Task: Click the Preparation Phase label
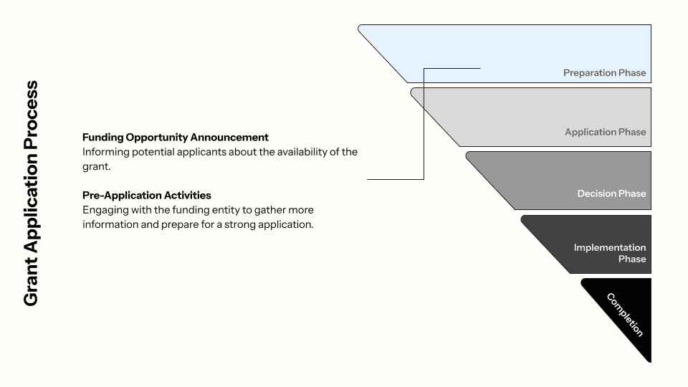coord(604,72)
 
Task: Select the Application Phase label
coord(605,132)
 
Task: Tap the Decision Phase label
coord(611,193)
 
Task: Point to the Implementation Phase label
coord(610,253)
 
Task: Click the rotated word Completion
coord(625,315)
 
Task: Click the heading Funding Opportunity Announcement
coord(176,137)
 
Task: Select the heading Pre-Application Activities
coord(147,195)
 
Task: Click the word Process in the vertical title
coord(31,113)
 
